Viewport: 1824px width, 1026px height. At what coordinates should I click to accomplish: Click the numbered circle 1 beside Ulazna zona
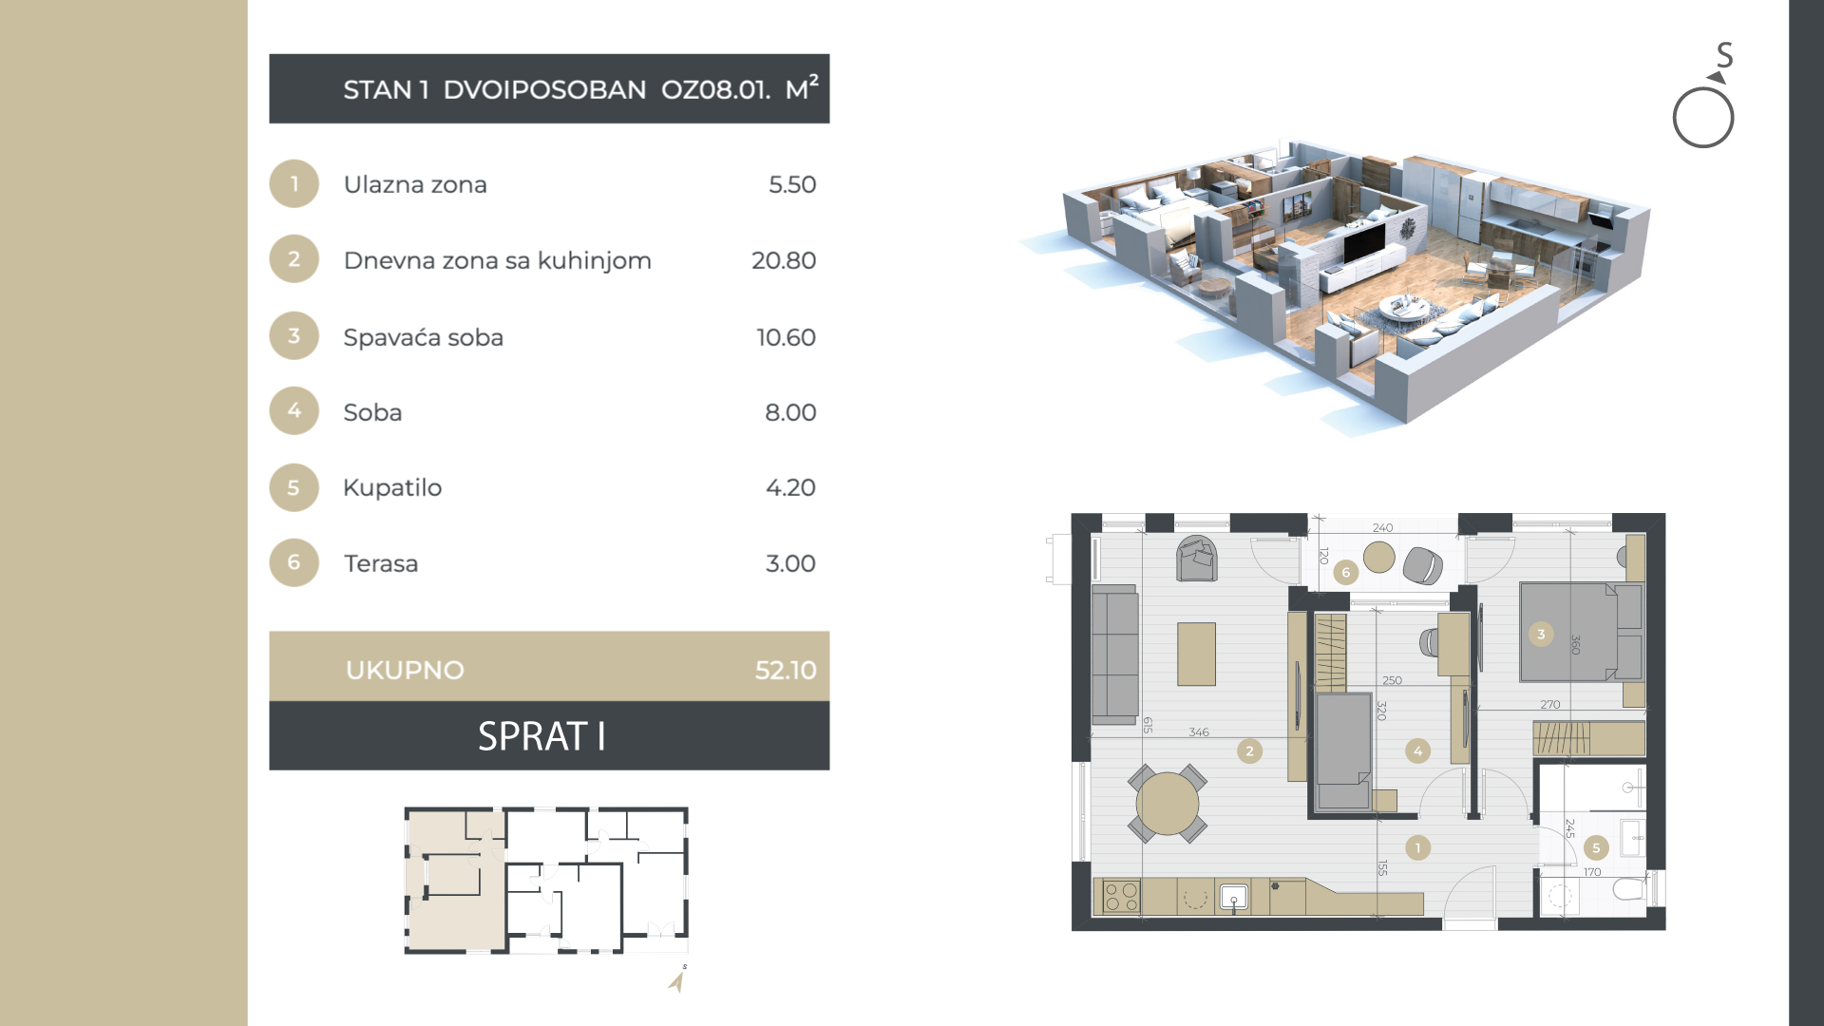point(294,183)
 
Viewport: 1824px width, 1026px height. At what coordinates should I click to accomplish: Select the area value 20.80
point(784,260)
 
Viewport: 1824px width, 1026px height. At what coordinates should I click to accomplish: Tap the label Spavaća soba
point(424,337)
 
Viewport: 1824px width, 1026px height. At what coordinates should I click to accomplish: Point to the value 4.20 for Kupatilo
point(790,487)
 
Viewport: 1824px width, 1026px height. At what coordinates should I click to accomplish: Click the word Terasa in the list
point(381,563)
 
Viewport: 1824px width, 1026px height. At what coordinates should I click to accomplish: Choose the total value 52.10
point(786,670)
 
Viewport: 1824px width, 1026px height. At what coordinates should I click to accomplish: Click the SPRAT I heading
point(541,736)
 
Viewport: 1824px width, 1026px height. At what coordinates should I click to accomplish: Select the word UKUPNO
point(405,670)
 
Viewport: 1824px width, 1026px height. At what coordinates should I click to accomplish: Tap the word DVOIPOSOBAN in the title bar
point(544,89)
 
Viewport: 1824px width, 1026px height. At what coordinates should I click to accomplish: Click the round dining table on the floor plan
point(1168,804)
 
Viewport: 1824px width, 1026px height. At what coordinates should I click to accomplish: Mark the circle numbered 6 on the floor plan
point(1345,572)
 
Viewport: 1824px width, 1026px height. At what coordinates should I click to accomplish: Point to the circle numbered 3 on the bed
point(1541,634)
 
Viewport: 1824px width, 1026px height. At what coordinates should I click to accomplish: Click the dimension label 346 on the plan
point(1199,732)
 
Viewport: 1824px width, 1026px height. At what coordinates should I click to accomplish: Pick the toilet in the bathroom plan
point(1631,889)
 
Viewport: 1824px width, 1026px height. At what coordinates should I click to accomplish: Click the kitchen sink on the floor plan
point(1233,897)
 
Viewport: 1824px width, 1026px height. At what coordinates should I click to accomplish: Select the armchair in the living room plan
point(1197,559)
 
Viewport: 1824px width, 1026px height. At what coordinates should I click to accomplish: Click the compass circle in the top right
point(1703,118)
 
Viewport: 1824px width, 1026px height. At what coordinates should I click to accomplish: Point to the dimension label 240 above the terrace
point(1382,528)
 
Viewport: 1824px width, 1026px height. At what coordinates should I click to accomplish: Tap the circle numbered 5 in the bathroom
point(1596,847)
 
